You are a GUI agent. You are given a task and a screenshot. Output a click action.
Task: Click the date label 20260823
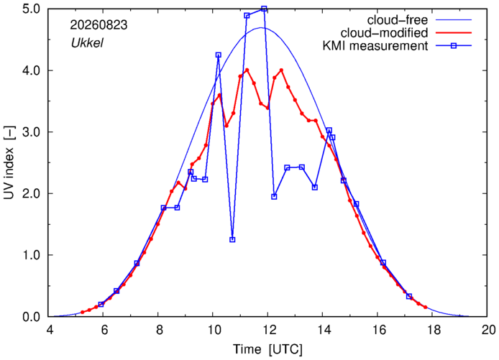(x=99, y=25)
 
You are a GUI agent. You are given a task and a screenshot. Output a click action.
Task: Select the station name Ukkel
(x=87, y=43)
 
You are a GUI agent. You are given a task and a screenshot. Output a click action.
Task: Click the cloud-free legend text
(x=398, y=20)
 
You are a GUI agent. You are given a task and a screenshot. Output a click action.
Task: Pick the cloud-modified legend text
(x=384, y=33)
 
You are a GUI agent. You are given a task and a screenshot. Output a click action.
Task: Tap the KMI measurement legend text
(x=375, y=46)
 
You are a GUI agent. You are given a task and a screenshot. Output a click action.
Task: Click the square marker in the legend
(x=454, y=46)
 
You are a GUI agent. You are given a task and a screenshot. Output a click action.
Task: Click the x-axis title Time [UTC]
(x=267, y=349)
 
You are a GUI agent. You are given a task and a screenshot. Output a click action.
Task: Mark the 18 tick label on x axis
(x=432, y=330)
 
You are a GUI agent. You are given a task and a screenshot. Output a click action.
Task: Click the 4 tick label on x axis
(x=50, y=330)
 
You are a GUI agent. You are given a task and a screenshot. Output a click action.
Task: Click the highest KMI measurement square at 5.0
(x=264, y=9)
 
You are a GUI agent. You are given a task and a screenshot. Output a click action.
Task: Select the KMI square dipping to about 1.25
(x=232, y=239)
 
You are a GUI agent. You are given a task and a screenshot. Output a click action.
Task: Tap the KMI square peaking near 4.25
(x=219, y=55)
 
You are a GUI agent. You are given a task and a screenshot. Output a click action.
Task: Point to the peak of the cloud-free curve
(x=261, y=28)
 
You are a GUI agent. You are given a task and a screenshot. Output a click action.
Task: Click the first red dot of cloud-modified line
(x=83, y=313)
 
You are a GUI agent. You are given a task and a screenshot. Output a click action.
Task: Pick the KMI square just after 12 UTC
(x=274, y=197)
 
